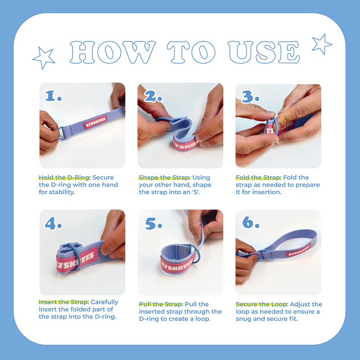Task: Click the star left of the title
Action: pos(44,58)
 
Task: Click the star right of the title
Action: pos(322,44)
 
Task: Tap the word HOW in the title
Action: pos(113,52)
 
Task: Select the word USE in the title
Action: pos(264,52)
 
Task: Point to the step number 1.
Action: pos(53,95)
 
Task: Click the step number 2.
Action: pos(153,96)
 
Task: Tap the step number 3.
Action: pos(251,96)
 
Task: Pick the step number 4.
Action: pos(53,224)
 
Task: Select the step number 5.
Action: pos(153,224)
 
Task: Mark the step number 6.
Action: pos(251,222)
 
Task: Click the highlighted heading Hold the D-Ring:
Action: pos(64,177)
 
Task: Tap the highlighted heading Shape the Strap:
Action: pos(164,177)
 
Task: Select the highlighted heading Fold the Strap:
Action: pos(258,177)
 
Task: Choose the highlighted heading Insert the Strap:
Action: pos(63,302)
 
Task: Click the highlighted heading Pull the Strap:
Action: pos(161,304)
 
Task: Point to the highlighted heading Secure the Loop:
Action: pos(262,304)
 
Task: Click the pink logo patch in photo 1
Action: pos(95,122)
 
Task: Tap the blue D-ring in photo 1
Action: pos(61,133)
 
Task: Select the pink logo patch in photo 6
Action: pos(298,251)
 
